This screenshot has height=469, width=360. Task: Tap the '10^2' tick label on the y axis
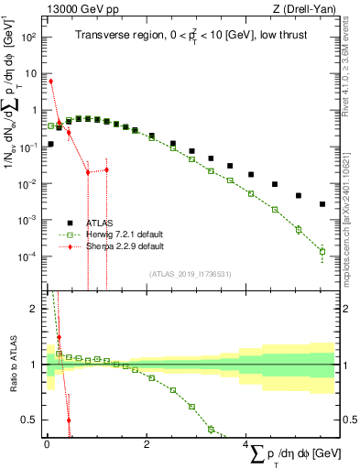click(x=29, y=38)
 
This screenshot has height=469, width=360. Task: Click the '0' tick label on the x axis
click(x=47, y=444)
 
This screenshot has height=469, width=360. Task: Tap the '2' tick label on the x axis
click(x=147, y=444)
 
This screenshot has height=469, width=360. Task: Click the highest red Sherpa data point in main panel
click(x=51, y=82)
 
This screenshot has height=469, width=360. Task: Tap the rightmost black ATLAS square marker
click(x=322, y=204)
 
